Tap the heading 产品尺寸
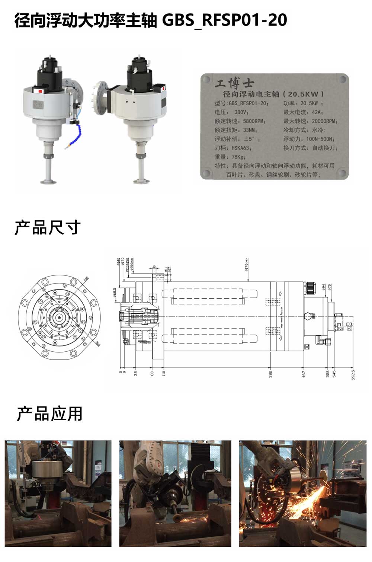coord(48,227)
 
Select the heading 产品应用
coord(49,414)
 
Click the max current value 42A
coord(317,112)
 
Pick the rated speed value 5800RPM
coord(254,121)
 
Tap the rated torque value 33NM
coord(250,130)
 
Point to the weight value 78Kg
coord(238,157)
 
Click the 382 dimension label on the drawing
coord(270,373)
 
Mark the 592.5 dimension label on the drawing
coord(353,374)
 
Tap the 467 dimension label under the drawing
coord(304,373)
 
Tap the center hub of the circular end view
coord(59,317)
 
